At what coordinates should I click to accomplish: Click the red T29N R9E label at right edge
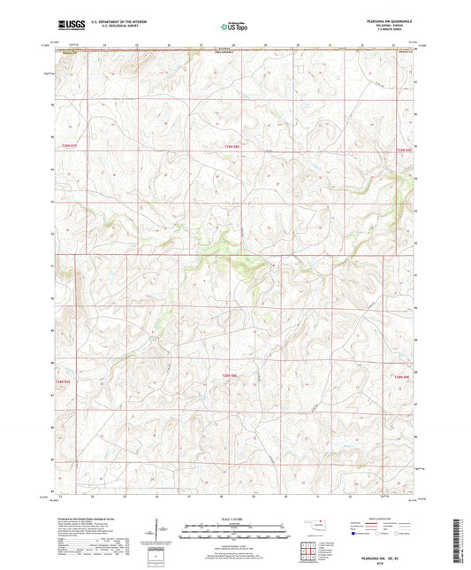(x=404, y=150)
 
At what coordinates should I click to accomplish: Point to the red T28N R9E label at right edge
(x=402, y=378)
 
